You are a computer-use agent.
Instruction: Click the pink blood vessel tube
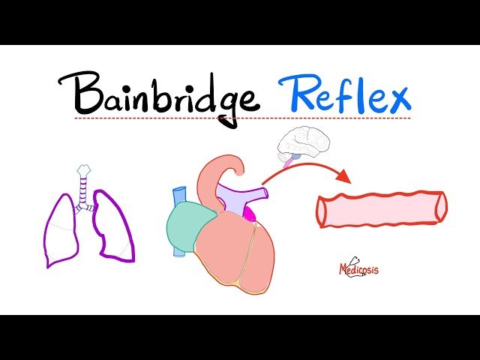(381, 209)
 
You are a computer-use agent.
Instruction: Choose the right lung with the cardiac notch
(113, 225)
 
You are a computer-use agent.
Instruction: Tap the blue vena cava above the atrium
(178, 196)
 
